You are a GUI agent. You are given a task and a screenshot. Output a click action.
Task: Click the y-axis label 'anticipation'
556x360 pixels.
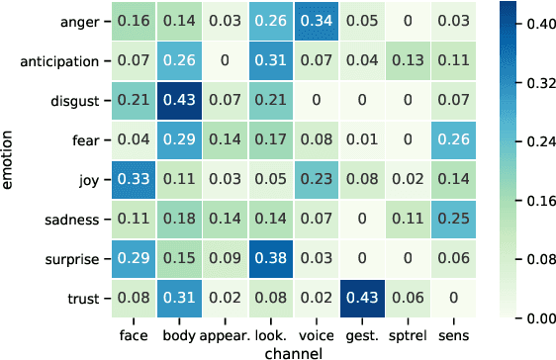[74, 62]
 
